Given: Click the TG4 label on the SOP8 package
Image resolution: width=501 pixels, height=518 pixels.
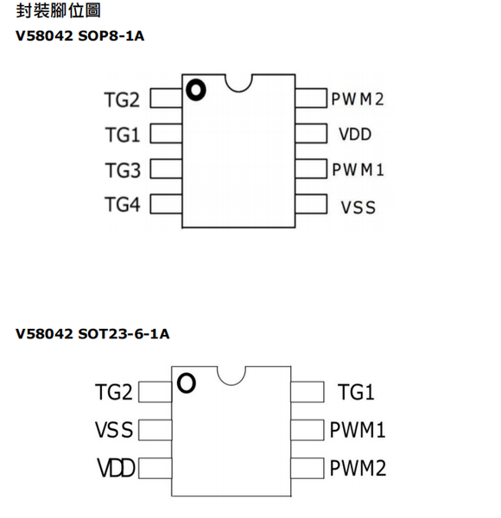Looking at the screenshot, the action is pos(123,204).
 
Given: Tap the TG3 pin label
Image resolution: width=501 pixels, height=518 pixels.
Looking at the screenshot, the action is pos(123,170).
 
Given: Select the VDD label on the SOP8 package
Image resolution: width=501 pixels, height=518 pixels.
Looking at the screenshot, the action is pos(355,134).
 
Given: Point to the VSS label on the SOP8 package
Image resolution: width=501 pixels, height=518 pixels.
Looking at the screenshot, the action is pos(358,207).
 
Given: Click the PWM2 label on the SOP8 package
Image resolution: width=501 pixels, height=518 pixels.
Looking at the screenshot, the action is pos(358,98).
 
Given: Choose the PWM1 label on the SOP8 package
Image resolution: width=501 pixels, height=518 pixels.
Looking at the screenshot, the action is pos(358,170).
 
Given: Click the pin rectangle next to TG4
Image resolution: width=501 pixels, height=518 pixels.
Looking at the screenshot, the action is pos(166,204).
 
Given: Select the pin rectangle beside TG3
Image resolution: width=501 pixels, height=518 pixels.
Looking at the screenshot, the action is pos(166,169).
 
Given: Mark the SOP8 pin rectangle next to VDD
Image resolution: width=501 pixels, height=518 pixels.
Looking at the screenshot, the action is pos(311,134).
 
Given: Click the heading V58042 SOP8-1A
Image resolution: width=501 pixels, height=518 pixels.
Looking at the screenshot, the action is pos(80,35).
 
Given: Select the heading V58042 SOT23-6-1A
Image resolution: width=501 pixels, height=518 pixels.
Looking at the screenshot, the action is pos(92,334).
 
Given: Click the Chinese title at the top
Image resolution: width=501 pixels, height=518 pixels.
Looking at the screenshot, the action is pos(58,10).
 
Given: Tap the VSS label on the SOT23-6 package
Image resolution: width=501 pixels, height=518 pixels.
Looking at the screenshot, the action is pos(114,430).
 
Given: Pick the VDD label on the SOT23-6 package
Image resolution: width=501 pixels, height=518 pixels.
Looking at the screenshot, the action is pos(116,468).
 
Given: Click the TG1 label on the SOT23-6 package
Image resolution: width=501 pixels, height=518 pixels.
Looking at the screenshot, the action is pos(356,392).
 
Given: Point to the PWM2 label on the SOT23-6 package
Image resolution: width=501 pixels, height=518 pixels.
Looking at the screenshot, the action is pos(358,468).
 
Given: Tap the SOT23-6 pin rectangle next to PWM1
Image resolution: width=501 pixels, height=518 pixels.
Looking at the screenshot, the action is pos(308,430).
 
